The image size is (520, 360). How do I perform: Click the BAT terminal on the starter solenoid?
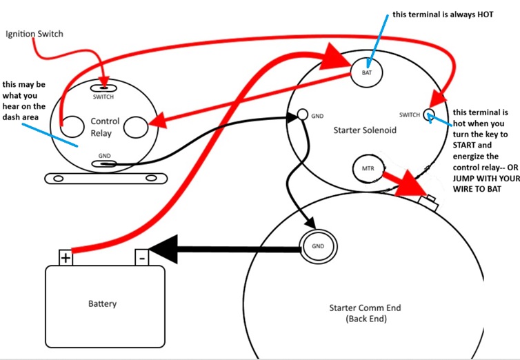click(x=366, y=71)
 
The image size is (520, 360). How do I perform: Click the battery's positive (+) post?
click(x=66, y=258)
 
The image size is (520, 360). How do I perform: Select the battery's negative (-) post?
click(x=141, y=258)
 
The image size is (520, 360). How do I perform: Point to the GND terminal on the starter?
click(x=317, y=246)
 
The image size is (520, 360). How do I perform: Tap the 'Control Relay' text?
click(x=105, y=126)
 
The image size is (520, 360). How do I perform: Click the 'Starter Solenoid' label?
click(x=365, y=130)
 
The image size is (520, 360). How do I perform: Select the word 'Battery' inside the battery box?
click(x=102, y=303)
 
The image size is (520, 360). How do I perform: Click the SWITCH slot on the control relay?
click(x=103, y=88)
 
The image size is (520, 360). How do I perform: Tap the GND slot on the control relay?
click(x=105, y=164)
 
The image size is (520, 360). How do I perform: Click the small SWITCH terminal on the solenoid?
click(x=428, y=114)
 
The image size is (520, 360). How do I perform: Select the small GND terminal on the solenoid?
click(x=301, y=114)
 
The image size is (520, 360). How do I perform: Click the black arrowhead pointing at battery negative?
click(x=161, y=248)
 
